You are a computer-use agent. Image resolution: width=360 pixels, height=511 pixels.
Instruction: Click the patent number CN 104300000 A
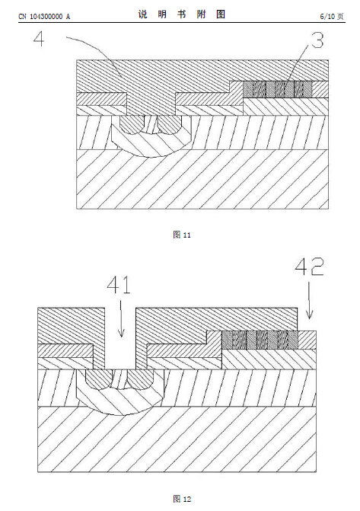pos(44,17)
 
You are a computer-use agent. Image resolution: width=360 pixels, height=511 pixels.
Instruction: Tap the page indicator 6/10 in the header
pos(327,16)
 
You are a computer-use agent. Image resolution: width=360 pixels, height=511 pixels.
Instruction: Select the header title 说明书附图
pos(181,14)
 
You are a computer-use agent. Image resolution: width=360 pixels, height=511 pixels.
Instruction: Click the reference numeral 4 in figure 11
pos(39,40)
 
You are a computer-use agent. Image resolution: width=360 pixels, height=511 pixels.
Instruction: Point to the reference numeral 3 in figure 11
pos(317,40)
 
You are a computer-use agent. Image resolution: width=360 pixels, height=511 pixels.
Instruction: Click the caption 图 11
pos(182,235)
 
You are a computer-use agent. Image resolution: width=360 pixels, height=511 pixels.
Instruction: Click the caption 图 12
pos(182,499)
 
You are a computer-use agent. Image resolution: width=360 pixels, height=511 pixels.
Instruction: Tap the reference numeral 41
pos(119,285)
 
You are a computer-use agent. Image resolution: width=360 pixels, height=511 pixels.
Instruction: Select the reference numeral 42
pos(309,267)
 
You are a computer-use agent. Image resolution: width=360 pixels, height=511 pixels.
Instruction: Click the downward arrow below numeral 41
pos(121,318)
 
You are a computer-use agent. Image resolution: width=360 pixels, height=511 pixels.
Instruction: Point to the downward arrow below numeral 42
pos(310,300)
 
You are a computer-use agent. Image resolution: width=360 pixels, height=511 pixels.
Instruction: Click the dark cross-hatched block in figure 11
pos(278,89)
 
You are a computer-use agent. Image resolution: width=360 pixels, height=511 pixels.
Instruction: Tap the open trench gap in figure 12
pos(120,338)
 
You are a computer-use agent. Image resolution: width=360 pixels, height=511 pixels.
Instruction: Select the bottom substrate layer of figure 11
pos(202,179)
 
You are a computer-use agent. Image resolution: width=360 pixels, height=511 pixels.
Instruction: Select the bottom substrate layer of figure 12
pos(177,439)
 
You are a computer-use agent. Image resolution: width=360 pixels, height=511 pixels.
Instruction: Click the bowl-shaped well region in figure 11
pos(151,143)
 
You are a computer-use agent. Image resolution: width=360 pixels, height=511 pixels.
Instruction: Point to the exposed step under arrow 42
pos(307,340)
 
